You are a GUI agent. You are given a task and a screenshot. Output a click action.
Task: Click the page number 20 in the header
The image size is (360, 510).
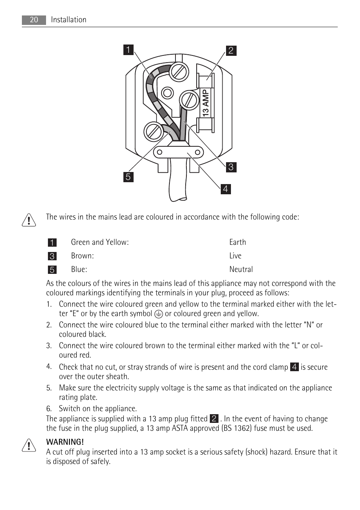pos(34,20)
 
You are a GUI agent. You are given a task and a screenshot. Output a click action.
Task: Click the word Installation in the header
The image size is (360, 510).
pos(68,20)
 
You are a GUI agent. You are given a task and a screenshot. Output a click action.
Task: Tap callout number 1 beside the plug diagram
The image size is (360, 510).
pos(128,50)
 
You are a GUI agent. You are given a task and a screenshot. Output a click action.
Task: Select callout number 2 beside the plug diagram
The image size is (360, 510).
pos(231,51)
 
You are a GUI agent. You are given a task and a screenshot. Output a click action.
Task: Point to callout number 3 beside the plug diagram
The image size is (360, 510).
pos(231,167)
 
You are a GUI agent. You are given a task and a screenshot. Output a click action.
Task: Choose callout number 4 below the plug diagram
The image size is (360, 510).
pos(226,189)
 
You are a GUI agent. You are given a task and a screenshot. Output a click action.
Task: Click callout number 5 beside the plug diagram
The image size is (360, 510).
pos(128,177)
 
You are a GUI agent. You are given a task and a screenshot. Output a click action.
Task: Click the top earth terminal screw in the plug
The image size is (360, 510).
pos(179,71)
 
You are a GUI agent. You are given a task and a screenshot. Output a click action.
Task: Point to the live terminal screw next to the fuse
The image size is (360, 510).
pos(189,100)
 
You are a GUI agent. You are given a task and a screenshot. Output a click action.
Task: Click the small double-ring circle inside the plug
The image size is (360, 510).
pos(167,93)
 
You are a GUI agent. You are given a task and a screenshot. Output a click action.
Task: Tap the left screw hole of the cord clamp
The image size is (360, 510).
pos(160,152)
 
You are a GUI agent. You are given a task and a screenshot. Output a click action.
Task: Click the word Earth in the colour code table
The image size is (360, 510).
pos(237,242)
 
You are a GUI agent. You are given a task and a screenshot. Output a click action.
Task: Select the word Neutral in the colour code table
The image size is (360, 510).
pos(241,269)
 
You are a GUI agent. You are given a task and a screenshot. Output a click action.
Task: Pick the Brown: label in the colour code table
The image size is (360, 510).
pos(82,256)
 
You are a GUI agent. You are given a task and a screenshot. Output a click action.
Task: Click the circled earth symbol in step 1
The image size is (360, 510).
pos(158,314)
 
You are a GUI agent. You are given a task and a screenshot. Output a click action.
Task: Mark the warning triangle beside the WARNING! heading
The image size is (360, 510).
pos(29,445)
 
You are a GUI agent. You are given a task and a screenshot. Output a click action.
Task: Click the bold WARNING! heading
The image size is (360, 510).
pos(65,442)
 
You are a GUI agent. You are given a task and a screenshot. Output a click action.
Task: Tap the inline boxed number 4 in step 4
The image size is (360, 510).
pos(294,367)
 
